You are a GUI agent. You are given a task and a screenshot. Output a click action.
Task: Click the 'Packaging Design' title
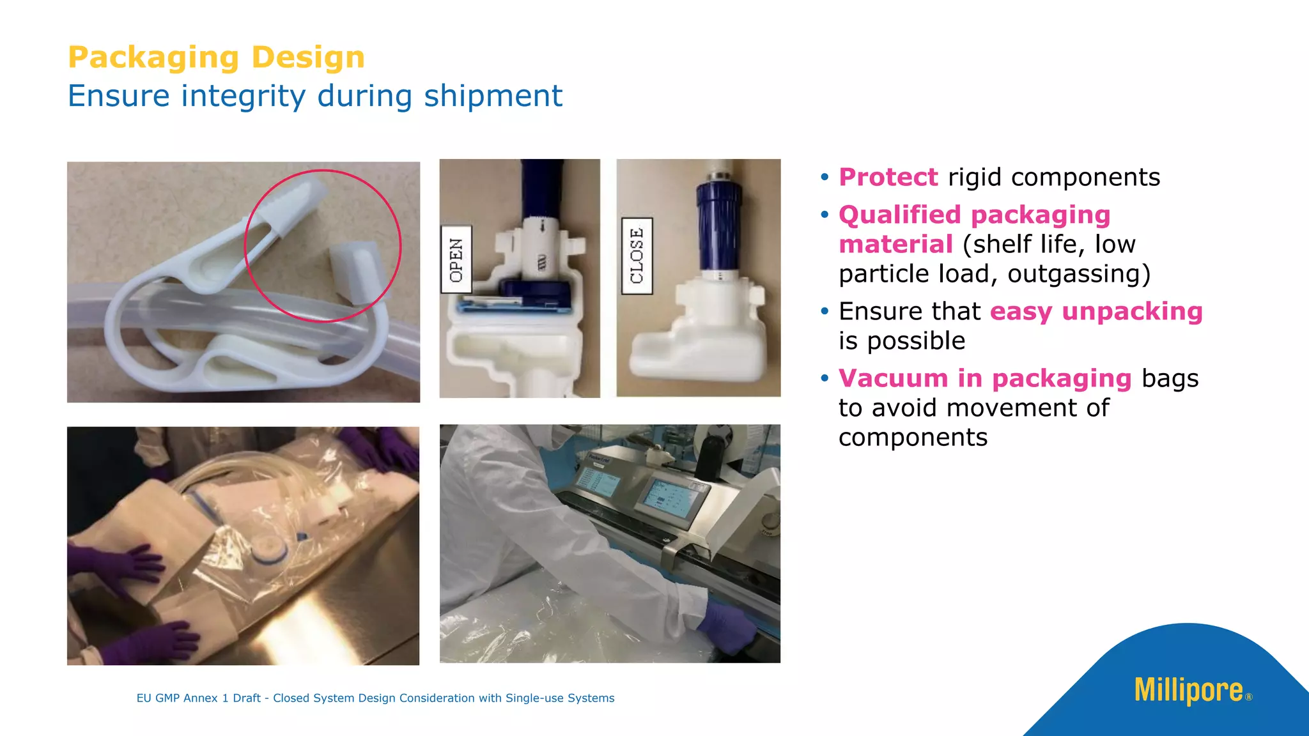pyautogui.click(x=216, y=57)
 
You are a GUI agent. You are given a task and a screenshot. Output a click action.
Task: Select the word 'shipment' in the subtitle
pyautogui.click(x=493, y=96)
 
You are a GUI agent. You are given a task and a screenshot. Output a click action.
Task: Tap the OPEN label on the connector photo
pyautogui.click(x=456, y=259)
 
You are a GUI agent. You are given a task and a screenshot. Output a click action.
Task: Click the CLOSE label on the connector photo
pyautogui.click(x=637, y=256)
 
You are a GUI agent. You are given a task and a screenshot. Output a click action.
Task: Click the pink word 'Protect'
pyautogui.click(x=888, y=178)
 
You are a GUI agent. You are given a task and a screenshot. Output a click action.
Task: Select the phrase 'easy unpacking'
pyautogui.click(x=1096, y=312)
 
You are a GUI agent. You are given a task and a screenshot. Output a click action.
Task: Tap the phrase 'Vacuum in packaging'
pyautogui.click(x=985, y=379)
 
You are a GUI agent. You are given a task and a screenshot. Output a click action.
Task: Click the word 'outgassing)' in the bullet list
pyautogui.click(x=1079, y=274)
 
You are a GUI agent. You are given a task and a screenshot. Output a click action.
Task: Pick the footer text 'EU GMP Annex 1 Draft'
pyautogui.click(x=198, y=698)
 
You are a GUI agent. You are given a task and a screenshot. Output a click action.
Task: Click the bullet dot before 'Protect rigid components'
pyautogui.click(x=825, y=177)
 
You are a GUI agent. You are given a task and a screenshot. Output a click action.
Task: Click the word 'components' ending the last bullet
pyautogui.click(x=913, y=438)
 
